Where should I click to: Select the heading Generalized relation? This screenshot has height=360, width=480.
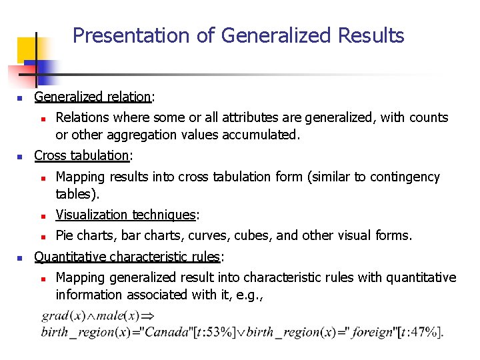[x=93, y=97]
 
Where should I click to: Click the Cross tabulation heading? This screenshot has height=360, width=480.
[x=82, y=155]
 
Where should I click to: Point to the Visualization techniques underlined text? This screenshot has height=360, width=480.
[x=125, y=215]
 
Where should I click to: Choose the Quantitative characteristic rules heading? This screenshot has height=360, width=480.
[x=127, y=257]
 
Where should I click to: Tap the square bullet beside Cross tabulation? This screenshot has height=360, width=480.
[x=21, y=157]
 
